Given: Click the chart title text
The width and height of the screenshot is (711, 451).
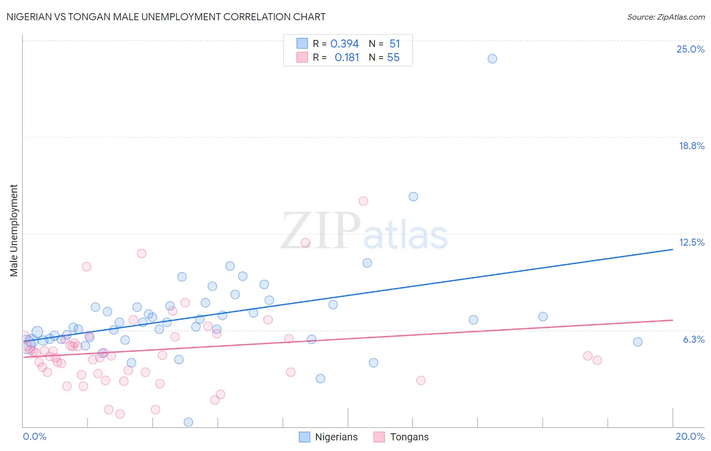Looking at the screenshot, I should pos(166,17).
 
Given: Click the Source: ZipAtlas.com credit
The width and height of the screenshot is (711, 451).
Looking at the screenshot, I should pos(665,17).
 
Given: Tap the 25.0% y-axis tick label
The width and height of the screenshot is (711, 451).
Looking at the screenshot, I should pos(690,49).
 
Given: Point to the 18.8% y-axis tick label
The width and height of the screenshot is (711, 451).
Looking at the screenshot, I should pos(691,146).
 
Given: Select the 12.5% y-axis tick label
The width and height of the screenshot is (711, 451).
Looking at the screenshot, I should pos(691,242).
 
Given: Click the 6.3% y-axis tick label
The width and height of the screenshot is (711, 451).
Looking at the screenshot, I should pos(693,339).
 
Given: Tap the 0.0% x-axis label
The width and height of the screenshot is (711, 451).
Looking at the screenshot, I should pos(34,436).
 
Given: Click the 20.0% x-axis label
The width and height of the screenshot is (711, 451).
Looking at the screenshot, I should pos(690,436).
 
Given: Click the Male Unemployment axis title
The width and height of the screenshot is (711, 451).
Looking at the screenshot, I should pos(14,231).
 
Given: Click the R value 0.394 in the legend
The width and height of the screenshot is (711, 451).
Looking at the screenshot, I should pos(344,44).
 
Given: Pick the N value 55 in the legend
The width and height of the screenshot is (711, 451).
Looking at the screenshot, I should pos(393,58).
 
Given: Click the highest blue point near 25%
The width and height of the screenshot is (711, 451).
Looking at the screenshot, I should pos(492,59).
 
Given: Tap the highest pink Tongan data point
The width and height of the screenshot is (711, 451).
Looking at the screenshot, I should pos(363,201).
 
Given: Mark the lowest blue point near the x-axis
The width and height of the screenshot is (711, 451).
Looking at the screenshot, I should pos(188,422).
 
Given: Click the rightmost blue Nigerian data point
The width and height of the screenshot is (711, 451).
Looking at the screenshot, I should pos(638,342).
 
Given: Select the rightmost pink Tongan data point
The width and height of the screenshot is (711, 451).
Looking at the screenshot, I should pos(597,360).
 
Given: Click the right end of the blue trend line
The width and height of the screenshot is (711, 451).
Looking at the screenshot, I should pos(673,249).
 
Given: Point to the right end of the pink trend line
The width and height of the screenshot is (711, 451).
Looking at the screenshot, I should pos(673,320).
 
